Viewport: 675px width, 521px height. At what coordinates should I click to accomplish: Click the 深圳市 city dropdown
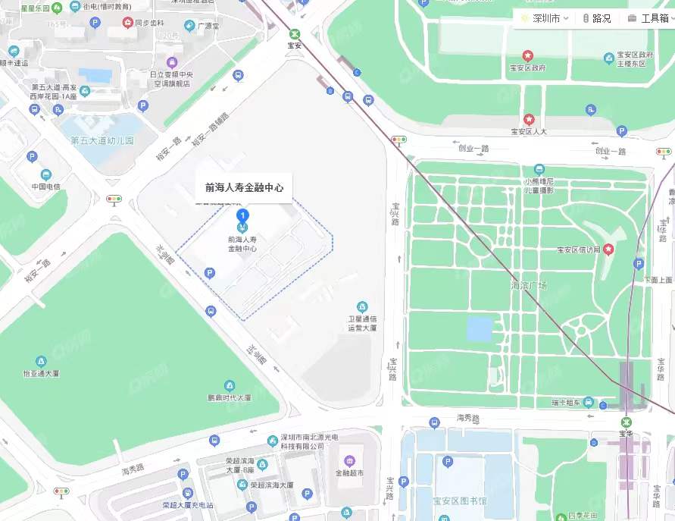[545, 18]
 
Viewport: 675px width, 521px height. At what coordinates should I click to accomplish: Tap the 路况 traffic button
[597, 18]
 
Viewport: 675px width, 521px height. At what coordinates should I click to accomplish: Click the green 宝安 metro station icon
[295, 34]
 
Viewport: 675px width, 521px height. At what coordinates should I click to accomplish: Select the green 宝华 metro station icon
[626, 422]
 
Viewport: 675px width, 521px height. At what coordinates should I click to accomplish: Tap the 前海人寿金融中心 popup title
[244, 187]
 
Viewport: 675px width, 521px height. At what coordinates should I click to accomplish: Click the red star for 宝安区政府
[528, 56]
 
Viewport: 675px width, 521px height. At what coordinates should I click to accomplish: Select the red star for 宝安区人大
[529, 120]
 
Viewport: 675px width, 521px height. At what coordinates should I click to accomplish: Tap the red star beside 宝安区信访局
[608, 249]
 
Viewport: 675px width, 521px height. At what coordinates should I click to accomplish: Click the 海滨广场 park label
[529, 285]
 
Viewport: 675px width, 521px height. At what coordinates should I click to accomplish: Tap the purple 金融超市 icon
[349, 460]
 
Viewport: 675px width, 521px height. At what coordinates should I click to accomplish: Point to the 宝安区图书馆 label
[460, 501]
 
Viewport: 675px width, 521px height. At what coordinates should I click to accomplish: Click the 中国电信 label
[45, 187]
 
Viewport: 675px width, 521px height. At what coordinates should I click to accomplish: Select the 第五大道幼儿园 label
[102, 140]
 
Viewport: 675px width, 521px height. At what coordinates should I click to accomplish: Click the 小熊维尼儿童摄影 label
[539, 185]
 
